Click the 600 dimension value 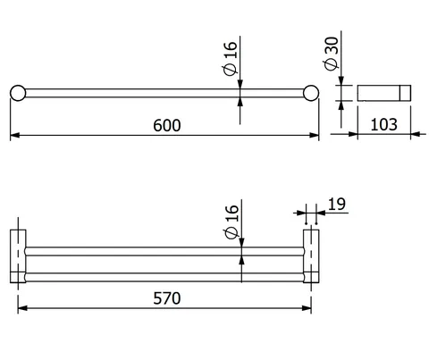167,125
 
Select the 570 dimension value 167,298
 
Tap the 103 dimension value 384,124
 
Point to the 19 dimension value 337,205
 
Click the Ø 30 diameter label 332,54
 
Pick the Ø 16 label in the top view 231,58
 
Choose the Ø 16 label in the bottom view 232,222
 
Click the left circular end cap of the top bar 18,93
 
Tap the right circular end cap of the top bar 311,93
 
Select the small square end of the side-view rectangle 405,93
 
